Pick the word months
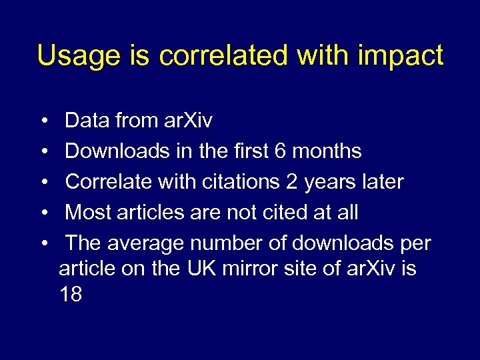(327, 151)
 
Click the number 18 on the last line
(71, 295)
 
